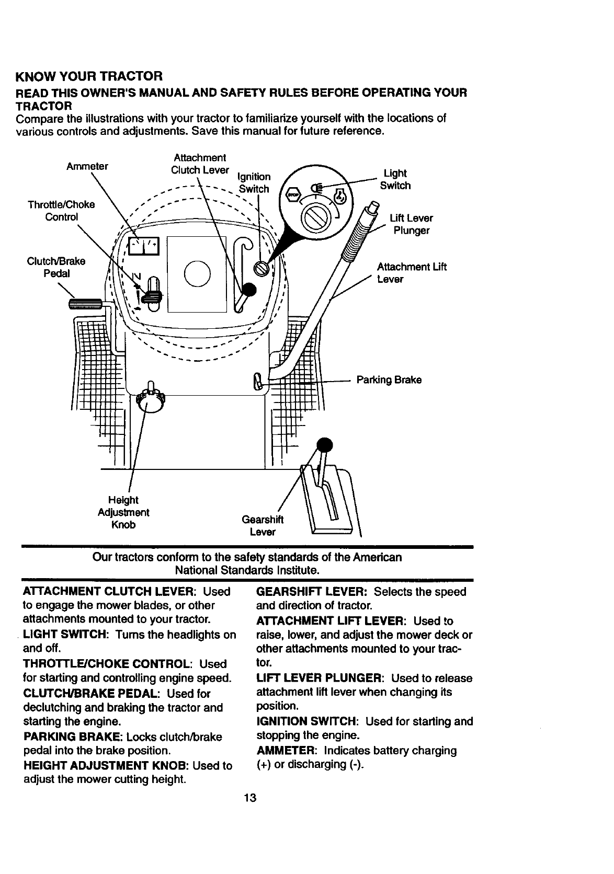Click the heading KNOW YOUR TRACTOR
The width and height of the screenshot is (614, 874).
click(x=90, y=77)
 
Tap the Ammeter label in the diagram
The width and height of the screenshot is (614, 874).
click(x=87, y=167)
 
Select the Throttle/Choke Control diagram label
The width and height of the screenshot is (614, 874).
click(x=61, y=211)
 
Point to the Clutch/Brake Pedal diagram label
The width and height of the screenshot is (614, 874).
click(x=57, y=267)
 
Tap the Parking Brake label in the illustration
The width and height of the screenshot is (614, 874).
click(x=389, y=379)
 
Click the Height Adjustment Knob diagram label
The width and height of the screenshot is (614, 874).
click(x=123, y=512)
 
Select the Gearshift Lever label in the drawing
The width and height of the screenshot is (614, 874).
click(x=263, y=525)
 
